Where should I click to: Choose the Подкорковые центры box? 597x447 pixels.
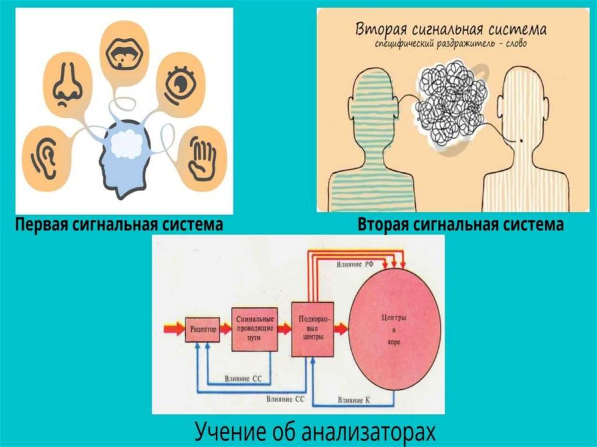coord(312,329)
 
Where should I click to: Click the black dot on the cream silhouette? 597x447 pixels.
coord(519,140)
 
